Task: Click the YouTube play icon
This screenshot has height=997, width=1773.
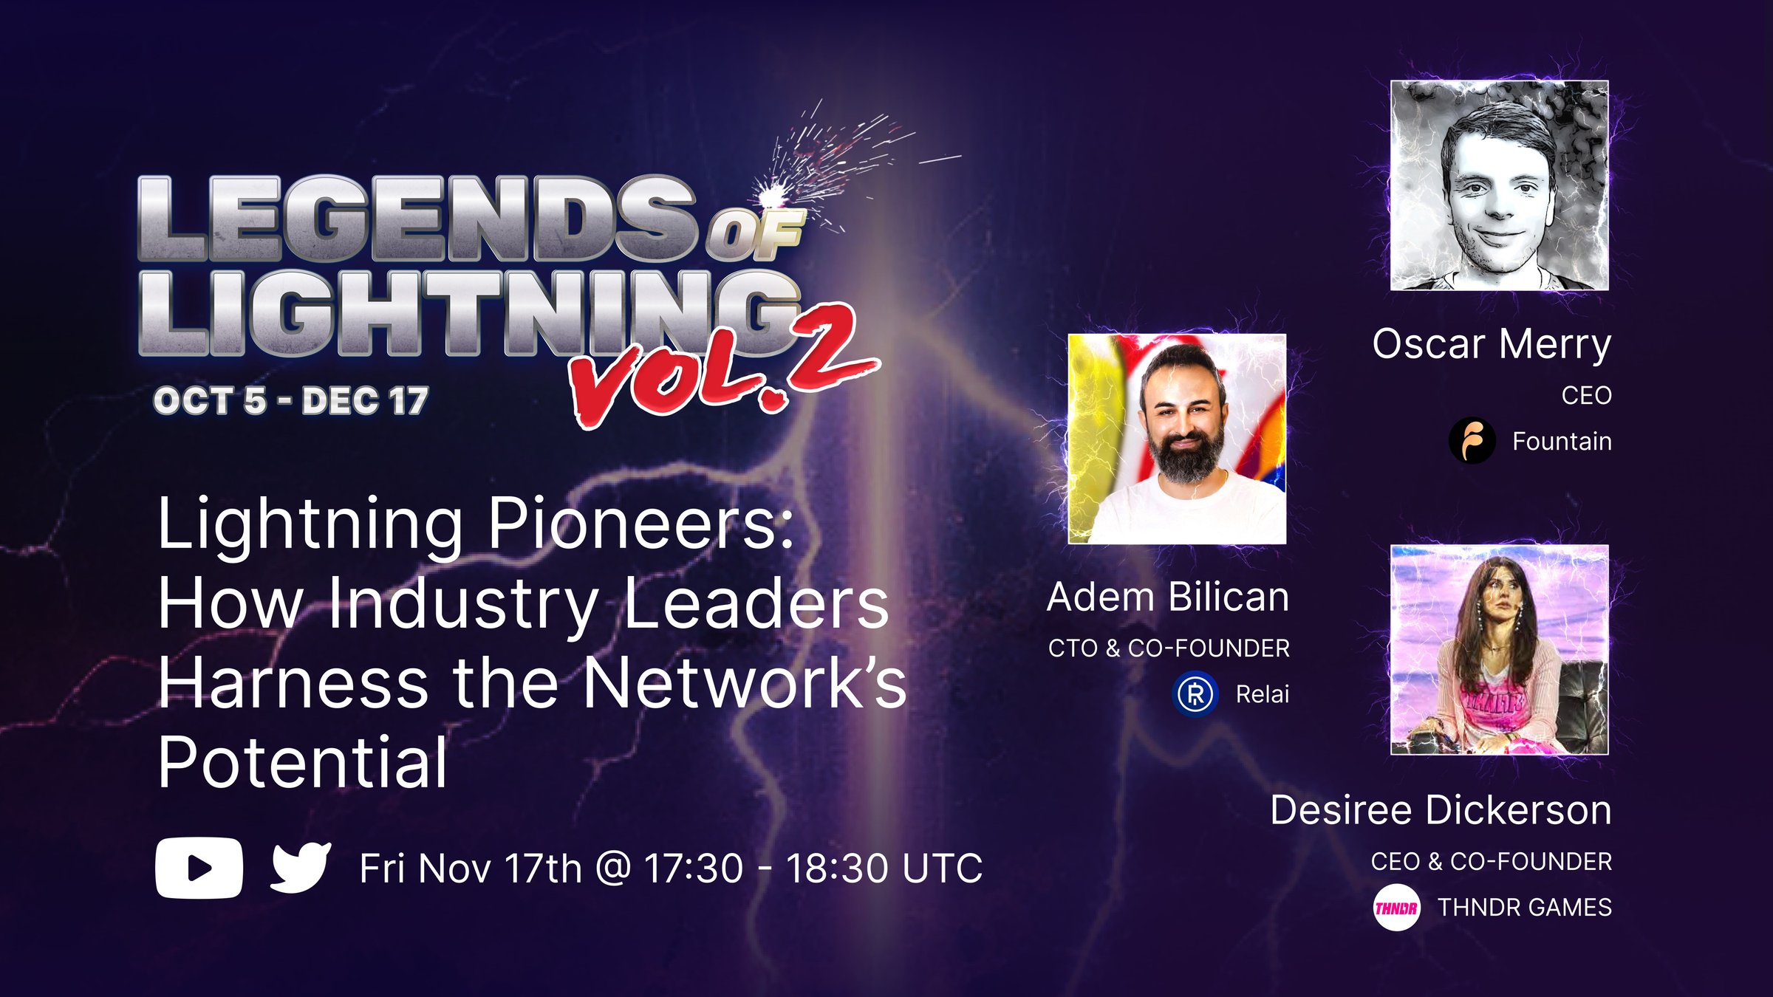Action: [x=199, y=868]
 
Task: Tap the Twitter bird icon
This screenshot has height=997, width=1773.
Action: [x=301, y=868]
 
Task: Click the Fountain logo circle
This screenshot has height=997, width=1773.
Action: [x=1472, y=441]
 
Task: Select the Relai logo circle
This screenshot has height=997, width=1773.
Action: [x=1195, y=694]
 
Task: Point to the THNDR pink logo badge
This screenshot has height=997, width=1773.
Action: [x=1396, y=908]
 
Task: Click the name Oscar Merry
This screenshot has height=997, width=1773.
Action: [x=1492, y=345]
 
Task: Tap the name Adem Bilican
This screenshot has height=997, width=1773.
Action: [x=1168, y=597]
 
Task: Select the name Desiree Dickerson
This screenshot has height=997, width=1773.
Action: [x=1441, y=810]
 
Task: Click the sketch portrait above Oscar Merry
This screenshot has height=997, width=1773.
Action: [x=1500, y=185]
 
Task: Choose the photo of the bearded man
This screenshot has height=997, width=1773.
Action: [x=1177, y=439]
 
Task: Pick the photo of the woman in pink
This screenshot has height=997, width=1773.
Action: [x=1500, y=650]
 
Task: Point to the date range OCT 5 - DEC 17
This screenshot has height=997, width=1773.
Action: [x=290, y=401]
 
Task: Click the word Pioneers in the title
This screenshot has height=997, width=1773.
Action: [x=640, y=524]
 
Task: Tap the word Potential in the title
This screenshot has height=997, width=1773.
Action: [x=303, y=762]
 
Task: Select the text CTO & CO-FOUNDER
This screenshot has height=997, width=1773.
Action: [x=1169, y=648]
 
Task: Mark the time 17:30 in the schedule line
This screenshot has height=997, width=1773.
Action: [x=694, y=868]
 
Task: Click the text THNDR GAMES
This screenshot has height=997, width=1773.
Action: [x=1525, y=908]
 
